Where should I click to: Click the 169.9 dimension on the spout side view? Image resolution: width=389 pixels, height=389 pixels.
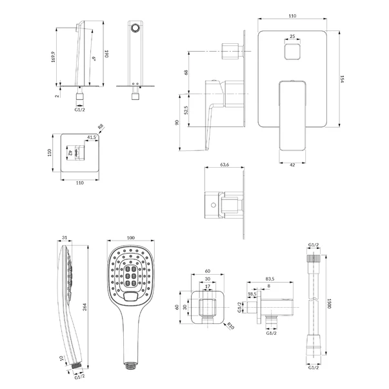click(54, 57)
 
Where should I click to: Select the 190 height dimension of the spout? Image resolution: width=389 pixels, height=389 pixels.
click(106, 54)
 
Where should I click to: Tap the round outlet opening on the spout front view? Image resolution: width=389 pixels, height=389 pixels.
click(135, 28)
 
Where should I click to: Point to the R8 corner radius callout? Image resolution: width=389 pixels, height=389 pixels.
click(100, 126)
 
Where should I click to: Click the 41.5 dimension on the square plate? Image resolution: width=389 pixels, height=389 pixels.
click(92, 137)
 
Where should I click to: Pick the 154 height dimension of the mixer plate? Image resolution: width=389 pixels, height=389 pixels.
click(342, 79)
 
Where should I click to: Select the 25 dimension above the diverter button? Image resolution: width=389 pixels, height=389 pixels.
click(292, 36)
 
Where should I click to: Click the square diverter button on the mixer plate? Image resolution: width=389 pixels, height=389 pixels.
click(292, 52)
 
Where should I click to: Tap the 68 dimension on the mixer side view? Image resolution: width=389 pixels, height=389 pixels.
click(186, 72)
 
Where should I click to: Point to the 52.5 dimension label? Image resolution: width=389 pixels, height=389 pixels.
click(186, 110)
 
